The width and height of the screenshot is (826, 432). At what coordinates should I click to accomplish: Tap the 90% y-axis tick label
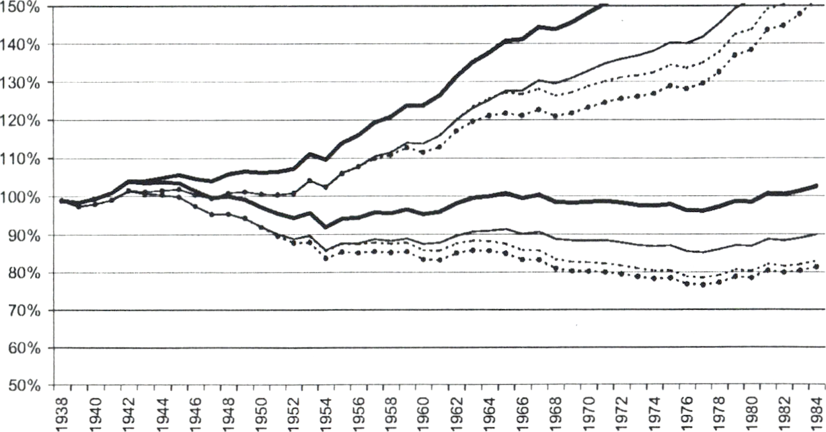[26, 236]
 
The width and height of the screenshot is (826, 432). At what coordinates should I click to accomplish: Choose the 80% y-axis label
[26, 273]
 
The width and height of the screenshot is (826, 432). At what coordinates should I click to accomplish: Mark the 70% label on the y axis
[26, 311]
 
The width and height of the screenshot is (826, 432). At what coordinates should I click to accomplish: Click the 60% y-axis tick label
[26, 349]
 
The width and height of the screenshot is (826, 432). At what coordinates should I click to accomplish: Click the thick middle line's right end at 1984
[816, 186]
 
